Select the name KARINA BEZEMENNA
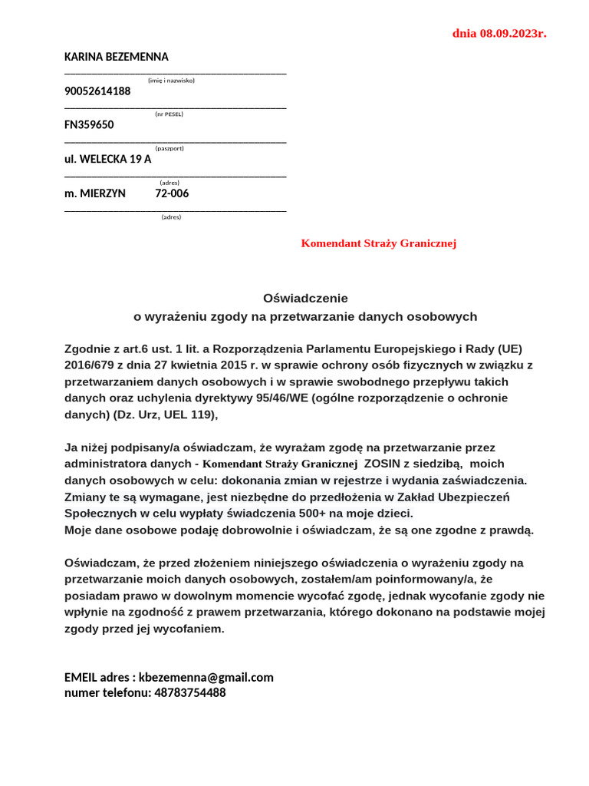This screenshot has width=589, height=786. tap(117, 57)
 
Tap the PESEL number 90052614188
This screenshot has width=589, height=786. tap(97, 91)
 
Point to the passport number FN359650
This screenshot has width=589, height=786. tap(89, 125)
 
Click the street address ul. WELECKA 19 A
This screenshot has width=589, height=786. tap(108, 160)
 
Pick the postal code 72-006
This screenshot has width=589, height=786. tap(172, 193)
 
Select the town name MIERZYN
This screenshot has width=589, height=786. tap(103, 193)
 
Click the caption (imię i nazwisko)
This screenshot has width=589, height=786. tap(171, 80)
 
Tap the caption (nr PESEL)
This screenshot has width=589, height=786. tap(169, 114)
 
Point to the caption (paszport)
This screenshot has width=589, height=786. tap(169, 148)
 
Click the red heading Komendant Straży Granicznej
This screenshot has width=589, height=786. tap(379, 243)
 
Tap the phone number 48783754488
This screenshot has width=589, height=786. tap(190, 692)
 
